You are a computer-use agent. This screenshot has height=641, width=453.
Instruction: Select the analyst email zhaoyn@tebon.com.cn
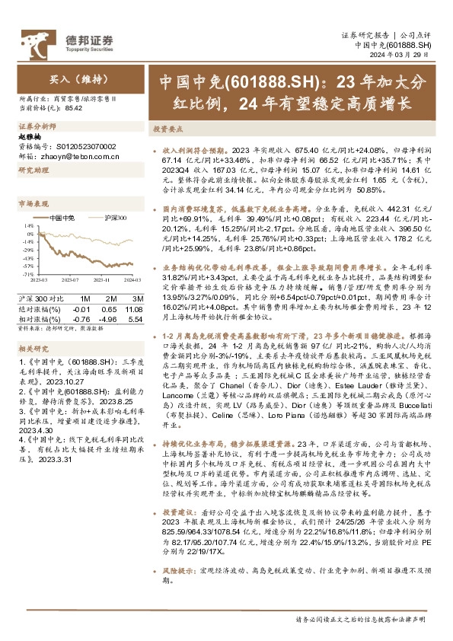point(68,155)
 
